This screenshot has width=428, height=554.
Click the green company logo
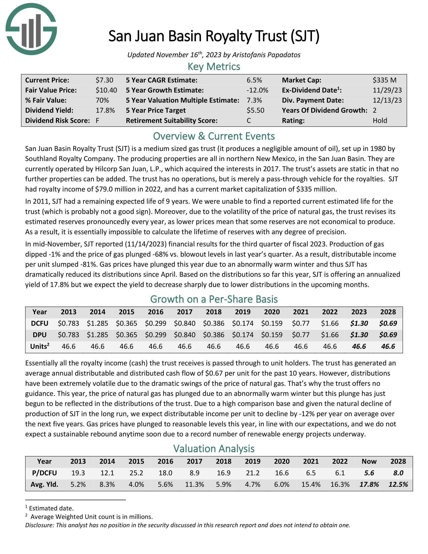31,29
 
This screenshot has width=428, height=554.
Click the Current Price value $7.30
104,80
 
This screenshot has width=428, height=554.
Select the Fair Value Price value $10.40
106,90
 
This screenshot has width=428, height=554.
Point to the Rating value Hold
380,120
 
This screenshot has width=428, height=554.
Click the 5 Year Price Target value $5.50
255,110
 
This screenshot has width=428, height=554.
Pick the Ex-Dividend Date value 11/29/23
387,90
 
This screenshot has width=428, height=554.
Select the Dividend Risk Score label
57,120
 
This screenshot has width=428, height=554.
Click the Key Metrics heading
214,67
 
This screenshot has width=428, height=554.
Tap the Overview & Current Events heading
214,136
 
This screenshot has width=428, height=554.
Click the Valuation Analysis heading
214,449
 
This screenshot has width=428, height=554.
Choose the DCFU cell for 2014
97,323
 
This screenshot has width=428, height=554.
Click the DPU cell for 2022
330,335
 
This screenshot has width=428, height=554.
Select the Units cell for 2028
388,347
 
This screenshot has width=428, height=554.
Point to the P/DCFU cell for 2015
136,473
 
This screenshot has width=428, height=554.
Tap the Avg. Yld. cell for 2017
194,484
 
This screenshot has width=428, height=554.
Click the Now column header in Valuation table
369,461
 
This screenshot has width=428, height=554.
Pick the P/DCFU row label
44,473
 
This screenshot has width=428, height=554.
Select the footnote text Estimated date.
51,508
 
